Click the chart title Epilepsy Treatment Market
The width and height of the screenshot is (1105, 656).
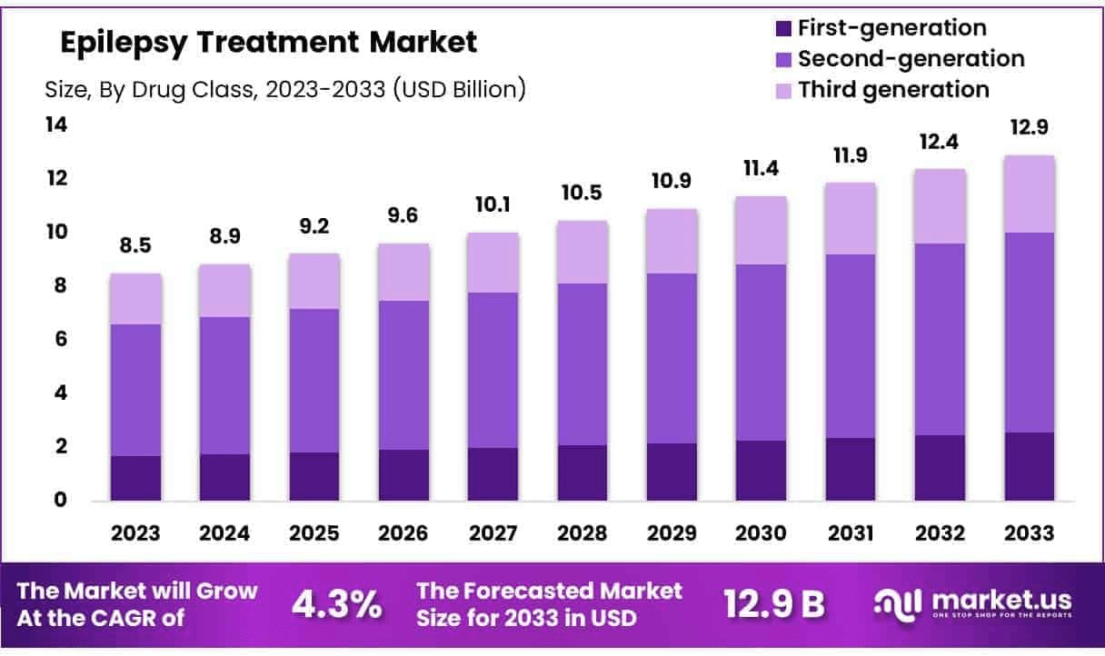268,42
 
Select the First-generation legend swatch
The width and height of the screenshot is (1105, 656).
784,28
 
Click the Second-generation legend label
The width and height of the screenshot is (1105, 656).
911,59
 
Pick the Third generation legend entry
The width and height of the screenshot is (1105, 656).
893,90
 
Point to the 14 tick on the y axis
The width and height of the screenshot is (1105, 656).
56,124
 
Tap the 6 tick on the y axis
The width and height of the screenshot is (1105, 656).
56,339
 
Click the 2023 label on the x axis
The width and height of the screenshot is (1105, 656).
136,533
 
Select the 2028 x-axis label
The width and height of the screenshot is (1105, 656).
582,533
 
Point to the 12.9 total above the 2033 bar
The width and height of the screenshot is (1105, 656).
1029,129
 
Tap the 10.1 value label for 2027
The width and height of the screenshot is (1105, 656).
493,205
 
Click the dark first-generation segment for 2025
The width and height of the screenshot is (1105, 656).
314,476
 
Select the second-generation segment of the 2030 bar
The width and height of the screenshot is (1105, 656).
761,353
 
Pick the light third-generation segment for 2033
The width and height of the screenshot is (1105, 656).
1029,194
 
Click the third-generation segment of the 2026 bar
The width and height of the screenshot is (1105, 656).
403,272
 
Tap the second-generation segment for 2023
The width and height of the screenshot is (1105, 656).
136,390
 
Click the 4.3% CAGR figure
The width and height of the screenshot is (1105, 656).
337,604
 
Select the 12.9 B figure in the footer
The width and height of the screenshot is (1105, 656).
773,604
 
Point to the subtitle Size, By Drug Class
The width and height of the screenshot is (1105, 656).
284,89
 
